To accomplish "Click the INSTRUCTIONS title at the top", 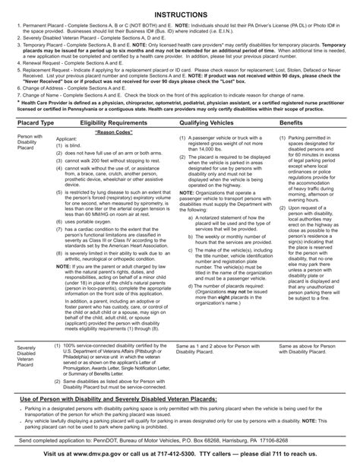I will click(180, 14).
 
